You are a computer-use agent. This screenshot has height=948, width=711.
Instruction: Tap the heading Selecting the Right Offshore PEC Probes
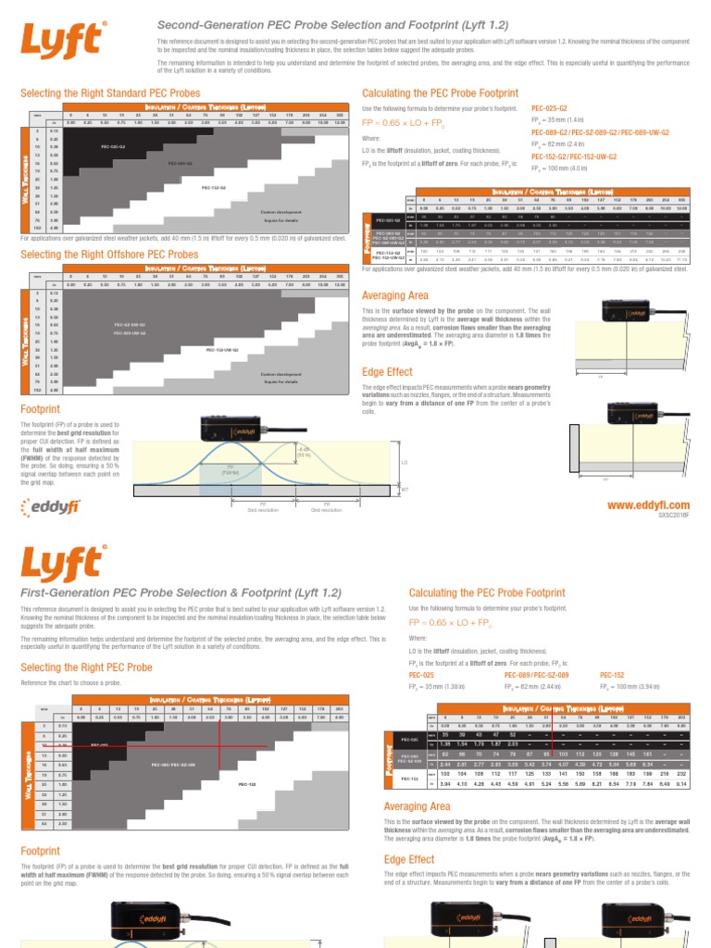tap(108, 254)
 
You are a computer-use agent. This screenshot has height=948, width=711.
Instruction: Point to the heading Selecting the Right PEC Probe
tap(86, 667)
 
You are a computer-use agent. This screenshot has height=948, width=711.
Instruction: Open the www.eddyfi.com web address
tap(648, 504)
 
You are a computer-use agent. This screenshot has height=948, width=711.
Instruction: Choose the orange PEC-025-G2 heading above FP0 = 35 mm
tap(551, 108)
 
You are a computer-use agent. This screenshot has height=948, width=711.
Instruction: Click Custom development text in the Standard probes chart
tap(279, 212)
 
